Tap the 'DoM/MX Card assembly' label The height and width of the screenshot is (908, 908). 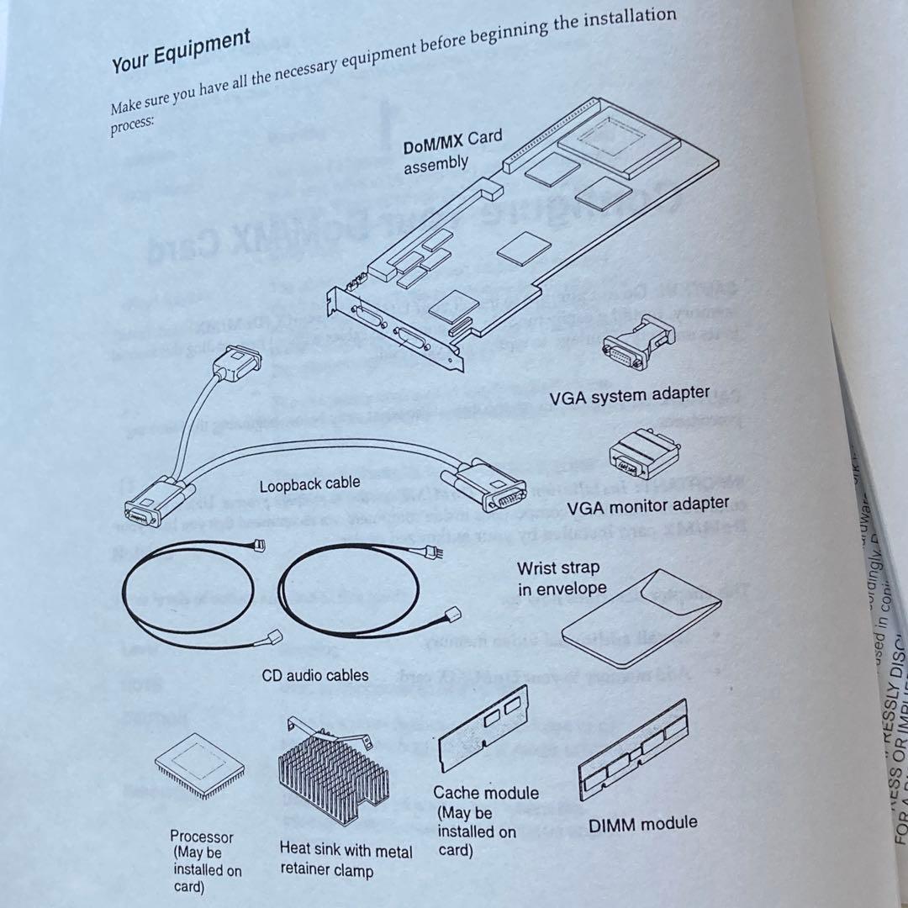click(x=451, y=150)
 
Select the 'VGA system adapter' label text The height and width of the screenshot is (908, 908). click(x=629, y=394)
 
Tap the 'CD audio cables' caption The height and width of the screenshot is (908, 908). click(x=315, y=675)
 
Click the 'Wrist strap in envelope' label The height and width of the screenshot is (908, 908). click(x=561, y=578)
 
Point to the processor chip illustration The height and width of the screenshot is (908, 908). click(x=200, y=766)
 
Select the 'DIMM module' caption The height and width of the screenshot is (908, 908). click(x=642, y=825)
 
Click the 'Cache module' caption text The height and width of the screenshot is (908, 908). click(x=486, y=792)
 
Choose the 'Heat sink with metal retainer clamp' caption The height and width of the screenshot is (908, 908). click(x=346, y=860)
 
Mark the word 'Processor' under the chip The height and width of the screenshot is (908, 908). click(x=202, y=837)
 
